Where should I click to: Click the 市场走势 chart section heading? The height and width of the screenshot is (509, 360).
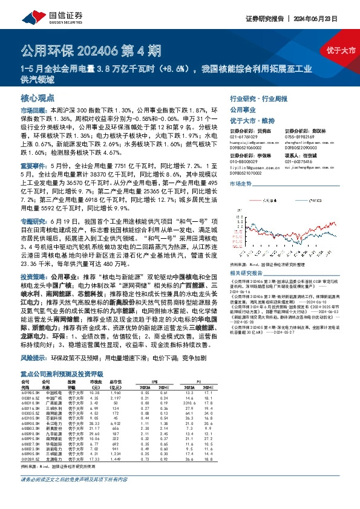240,184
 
